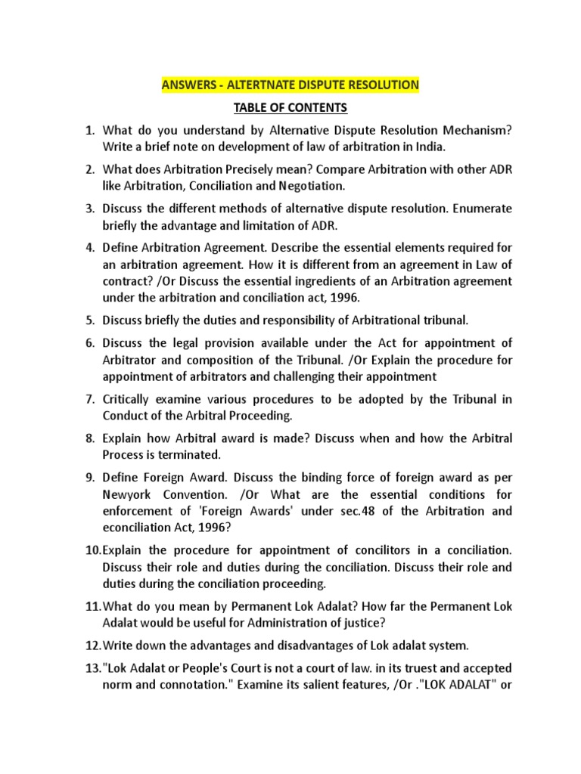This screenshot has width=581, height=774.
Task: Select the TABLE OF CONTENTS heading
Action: [290, 108]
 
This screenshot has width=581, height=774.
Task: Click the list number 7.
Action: [89, 400]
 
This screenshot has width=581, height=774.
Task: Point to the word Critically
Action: [130, 400]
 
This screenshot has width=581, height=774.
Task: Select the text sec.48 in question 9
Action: [345, 511]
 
